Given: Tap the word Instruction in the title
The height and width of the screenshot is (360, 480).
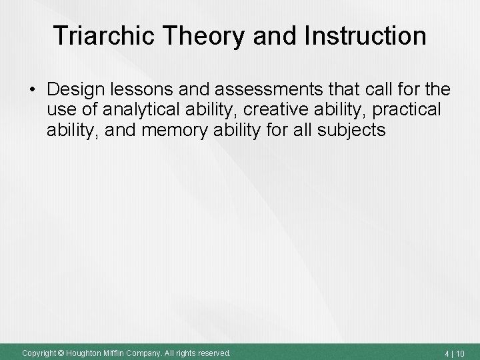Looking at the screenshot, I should click(x=367, y=36).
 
